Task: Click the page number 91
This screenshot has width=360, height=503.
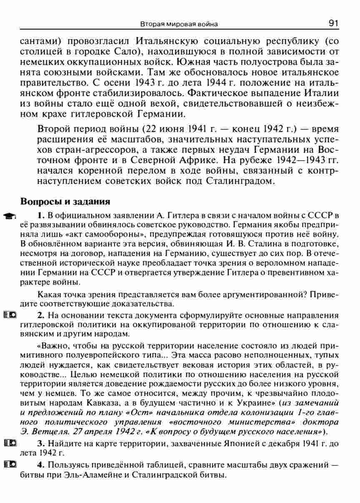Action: click(332, 23)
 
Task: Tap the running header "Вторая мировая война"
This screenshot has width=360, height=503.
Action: click(179, 25)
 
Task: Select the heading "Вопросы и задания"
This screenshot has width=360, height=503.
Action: click(65, 201)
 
